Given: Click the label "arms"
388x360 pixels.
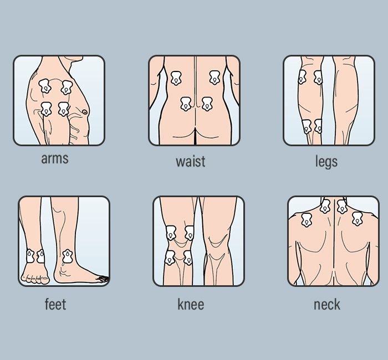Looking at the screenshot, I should (55, 159).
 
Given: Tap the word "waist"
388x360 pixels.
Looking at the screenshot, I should (190, 162).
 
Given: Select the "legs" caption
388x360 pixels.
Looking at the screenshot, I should (326, 161).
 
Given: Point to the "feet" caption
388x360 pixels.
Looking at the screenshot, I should (55, 304).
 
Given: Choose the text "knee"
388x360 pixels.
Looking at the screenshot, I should (191, 304).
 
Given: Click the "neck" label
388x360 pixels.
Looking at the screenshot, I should (327, 304).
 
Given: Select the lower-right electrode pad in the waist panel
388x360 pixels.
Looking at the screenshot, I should (207, 104).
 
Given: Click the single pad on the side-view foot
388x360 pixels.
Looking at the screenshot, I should (68, 256).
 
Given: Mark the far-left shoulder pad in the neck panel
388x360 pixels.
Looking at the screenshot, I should (306, 220).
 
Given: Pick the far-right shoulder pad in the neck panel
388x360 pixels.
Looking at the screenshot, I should (357, 219).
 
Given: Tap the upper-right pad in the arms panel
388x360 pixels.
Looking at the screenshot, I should (67, 87).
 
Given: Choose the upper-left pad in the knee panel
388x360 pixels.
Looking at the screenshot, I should (172, 233).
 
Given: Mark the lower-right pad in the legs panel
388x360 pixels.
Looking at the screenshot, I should (318, 127).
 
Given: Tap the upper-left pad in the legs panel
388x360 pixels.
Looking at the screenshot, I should (302, 77).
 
